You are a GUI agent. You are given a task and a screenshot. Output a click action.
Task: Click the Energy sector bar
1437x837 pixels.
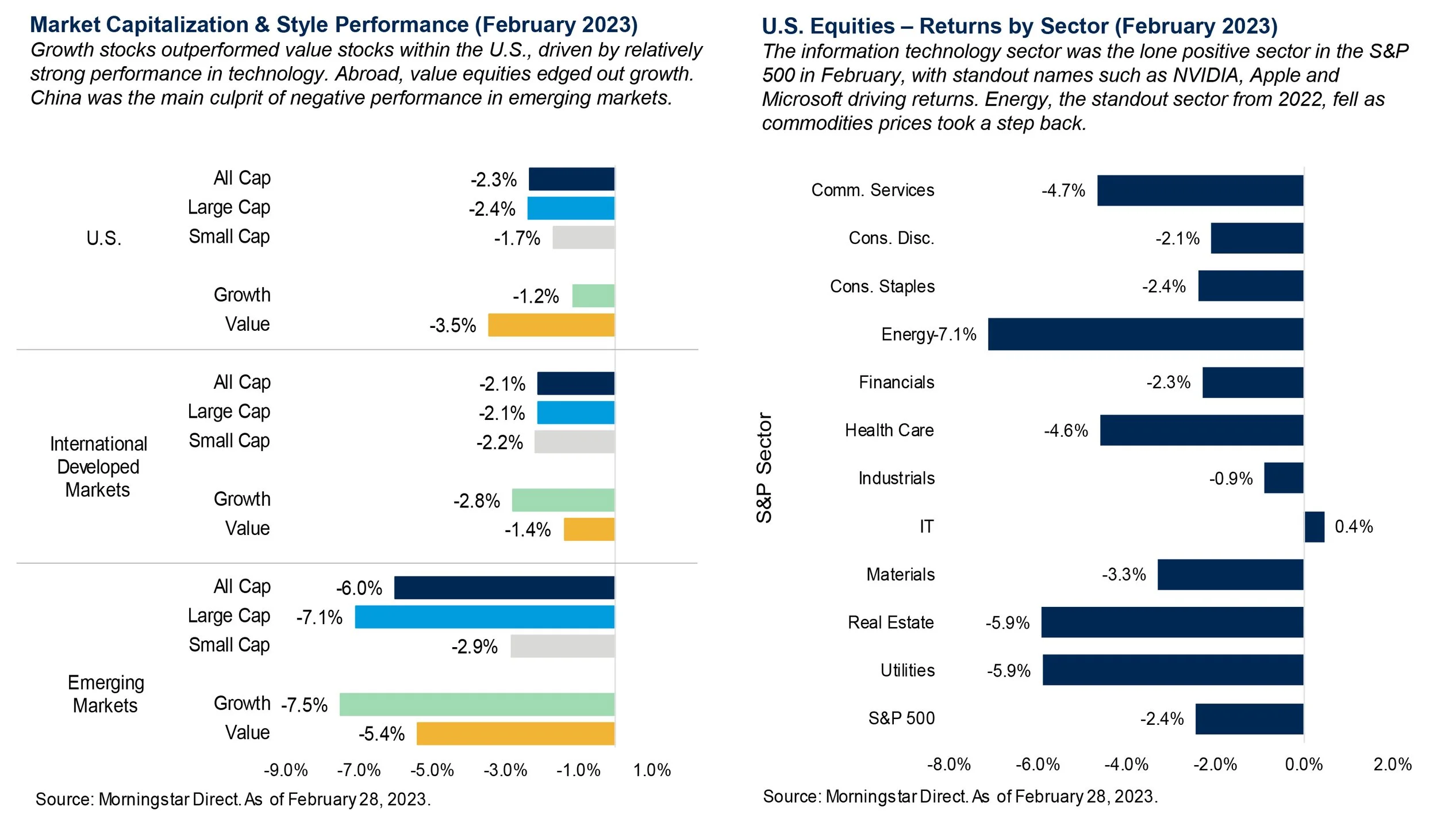[1145, 334]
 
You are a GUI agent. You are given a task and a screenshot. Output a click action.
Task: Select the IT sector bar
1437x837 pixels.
[1314, 526]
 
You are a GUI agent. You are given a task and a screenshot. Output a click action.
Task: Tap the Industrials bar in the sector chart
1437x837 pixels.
[1283, 477]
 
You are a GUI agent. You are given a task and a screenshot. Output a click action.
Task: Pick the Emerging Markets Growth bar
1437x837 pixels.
[477, 704]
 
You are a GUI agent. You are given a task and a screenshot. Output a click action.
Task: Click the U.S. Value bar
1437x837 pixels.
[551, 325]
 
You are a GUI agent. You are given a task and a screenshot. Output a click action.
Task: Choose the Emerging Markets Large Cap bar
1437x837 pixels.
[484, 617]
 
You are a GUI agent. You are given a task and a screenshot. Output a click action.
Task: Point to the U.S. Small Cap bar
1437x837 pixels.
[583, 238]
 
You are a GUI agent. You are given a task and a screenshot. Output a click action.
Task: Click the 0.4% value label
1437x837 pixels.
[1353, 526]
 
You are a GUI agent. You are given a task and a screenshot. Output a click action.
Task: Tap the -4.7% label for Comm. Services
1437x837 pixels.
[1063, 190]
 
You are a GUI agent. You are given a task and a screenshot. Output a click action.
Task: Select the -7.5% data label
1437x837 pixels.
[304, 705]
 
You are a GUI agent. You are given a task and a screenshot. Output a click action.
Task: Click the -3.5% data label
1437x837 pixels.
[452, 326]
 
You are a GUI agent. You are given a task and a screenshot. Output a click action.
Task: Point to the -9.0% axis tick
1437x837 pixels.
[286, 770]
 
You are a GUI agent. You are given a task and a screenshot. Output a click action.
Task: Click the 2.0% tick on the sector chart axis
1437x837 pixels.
[1392, 764]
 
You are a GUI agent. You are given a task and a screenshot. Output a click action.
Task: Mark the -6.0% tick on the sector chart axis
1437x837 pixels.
[1037, 764]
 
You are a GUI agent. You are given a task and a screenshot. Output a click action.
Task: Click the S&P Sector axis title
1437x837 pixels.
[764, 467]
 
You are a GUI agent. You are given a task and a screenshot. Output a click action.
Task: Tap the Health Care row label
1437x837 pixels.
[889, 430]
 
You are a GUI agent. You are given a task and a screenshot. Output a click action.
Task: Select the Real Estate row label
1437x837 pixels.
[890, 622]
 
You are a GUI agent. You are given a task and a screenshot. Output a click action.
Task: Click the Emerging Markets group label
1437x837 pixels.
[105, 694]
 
